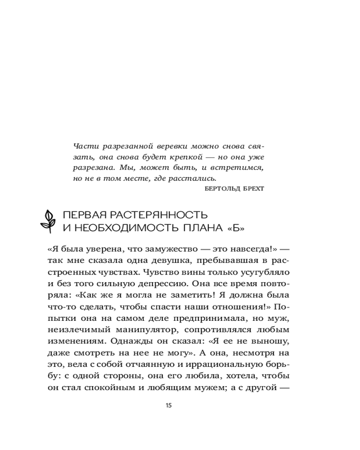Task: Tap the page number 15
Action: tap(169, 405)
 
